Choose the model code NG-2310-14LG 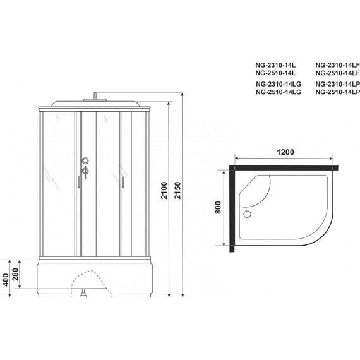point(279,84)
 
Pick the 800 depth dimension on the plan point(219,208)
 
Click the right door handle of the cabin point(118,181)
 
